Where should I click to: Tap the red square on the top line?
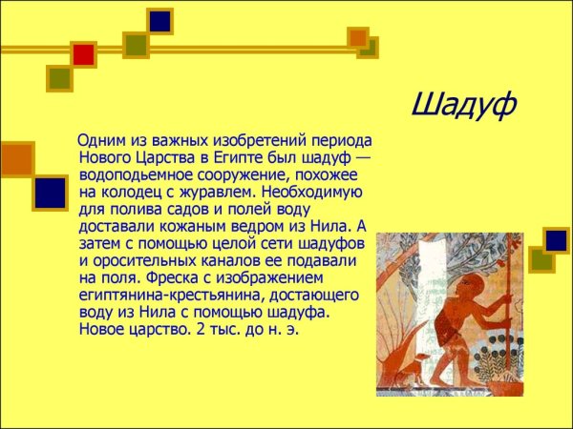coord(84,54)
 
